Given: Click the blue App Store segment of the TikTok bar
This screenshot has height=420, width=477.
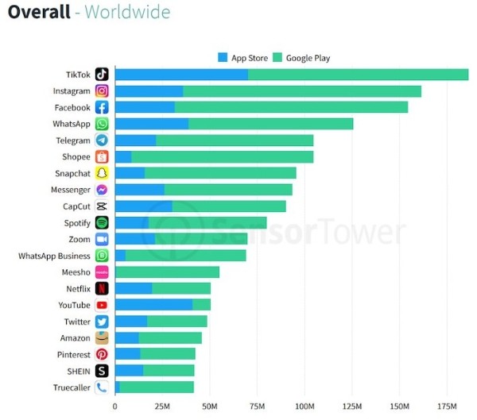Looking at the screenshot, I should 181,75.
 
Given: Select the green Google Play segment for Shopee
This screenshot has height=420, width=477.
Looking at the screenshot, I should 223,157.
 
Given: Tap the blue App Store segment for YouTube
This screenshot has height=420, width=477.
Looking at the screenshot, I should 153,305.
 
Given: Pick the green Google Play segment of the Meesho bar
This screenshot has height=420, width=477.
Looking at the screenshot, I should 167,272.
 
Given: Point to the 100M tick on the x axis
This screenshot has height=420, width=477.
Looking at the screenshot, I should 304,407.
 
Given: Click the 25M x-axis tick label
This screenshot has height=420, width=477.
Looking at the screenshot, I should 162,407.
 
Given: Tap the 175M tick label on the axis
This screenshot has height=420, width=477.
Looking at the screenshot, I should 447,407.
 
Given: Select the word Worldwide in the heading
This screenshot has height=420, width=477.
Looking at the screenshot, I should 127,13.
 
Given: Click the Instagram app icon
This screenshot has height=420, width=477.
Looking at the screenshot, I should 102,91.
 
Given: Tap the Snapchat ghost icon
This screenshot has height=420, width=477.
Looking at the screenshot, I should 102,174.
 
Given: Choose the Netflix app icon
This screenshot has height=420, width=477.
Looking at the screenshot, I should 102,289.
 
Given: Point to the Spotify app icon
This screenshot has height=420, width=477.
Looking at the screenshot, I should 102,223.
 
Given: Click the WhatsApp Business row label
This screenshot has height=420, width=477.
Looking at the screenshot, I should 54,256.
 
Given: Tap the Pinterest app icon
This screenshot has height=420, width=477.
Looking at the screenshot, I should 102,355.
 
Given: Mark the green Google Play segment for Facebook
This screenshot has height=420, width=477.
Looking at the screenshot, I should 291,107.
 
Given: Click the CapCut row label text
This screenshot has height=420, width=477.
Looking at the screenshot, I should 76,206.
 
